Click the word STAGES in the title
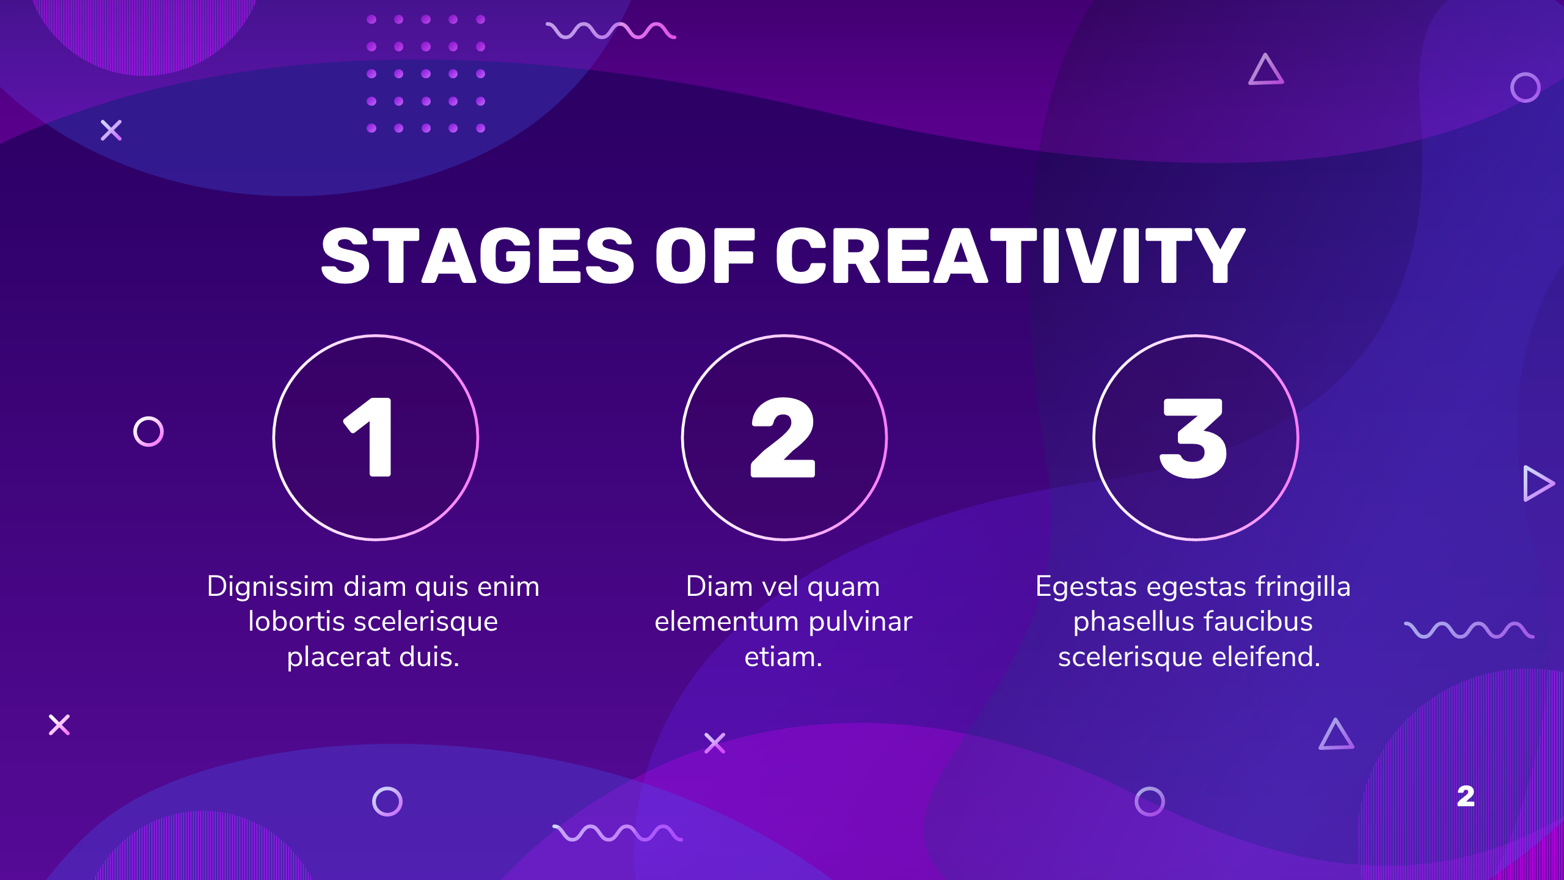point(478,255)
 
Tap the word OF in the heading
point(705,255)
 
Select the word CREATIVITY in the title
point(1010,255)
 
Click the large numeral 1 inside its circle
point(368,437)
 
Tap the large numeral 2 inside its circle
point(783,437)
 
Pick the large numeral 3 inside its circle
point(1193,438)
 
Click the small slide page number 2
point(1466,796)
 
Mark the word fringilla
point(1303,587)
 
